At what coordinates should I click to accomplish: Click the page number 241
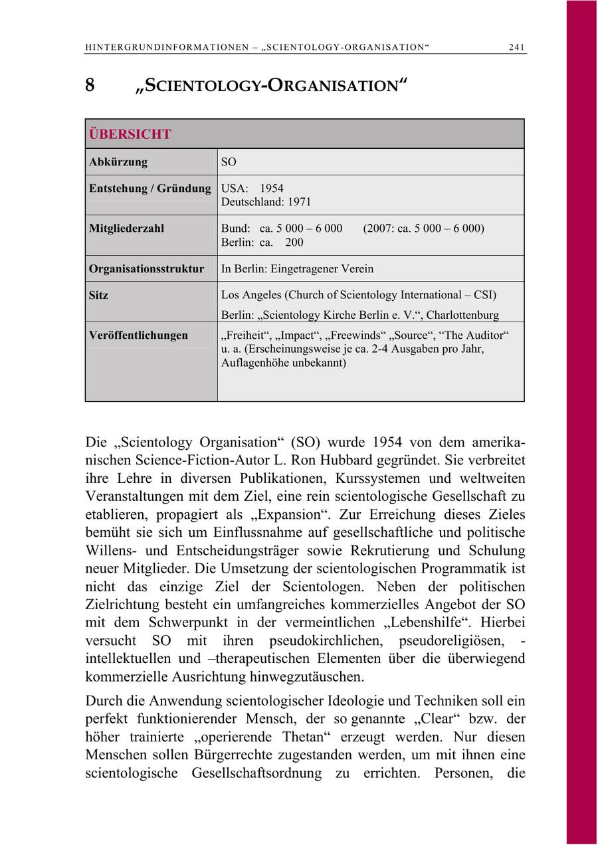[517, 47]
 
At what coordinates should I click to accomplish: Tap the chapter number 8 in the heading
[90, 86]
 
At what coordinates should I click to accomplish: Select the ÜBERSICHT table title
[130, 134]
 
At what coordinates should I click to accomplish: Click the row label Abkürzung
[118, 162]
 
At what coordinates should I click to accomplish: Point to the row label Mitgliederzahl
[126, 229]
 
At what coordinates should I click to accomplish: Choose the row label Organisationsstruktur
[146, 269]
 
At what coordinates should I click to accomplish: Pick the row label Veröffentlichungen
[138, 335]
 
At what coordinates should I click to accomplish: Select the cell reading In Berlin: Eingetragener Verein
[297, 269]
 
